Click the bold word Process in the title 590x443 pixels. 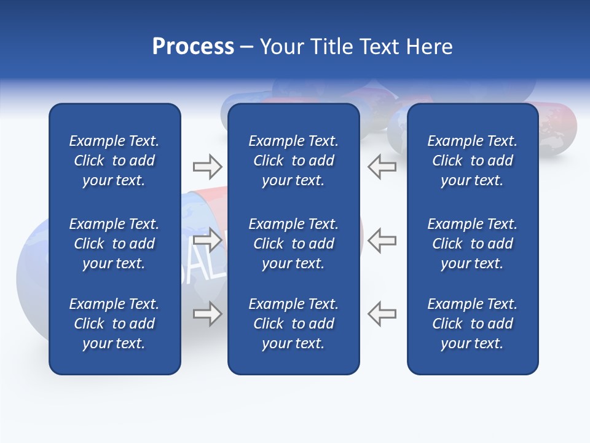(x=193, y=47)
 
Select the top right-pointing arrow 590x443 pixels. (x=207, y=166)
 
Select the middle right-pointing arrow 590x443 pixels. (x=207, y=240)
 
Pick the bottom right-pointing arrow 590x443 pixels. (x=207, y=314)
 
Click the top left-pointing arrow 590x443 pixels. (x=382, y=166)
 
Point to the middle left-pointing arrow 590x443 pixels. (x=382, y=240)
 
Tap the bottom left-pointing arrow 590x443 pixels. (x=382, y=314)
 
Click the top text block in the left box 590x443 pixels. (x=114, y=161)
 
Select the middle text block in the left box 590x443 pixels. (x=114, y=244)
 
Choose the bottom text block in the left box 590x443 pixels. (x=114, y=324)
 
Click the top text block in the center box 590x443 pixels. (x=293, y=161)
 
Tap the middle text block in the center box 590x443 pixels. (x=293, y=244)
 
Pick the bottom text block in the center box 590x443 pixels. (x=293, y=324)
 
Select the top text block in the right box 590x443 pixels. (x=472, y=161)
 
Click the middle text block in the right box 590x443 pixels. (x=472, y=244)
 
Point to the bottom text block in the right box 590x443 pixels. (x=472, y=324)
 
